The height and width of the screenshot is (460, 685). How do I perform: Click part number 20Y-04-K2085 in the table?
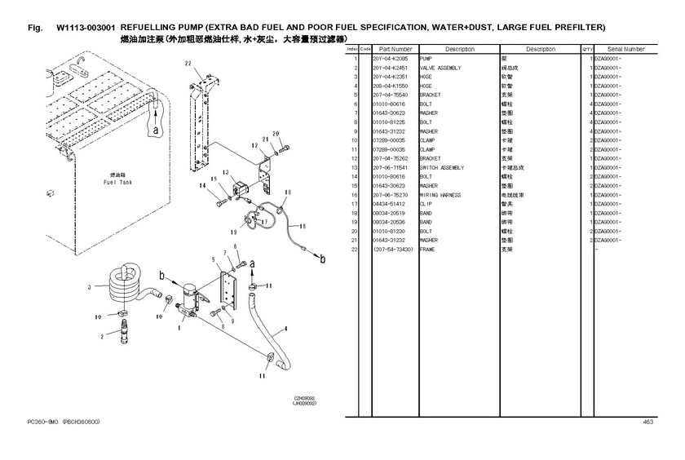[x=388, y=60]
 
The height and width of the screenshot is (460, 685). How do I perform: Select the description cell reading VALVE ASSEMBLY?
[x=440, y=69]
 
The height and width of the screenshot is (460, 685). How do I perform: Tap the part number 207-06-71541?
[x=389, y=167]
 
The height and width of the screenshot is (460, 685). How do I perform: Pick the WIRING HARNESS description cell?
[x=440, y=195]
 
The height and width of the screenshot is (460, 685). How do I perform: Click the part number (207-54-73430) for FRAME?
[x=392, y=249]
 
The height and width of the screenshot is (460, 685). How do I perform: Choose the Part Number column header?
[x=395, y=50]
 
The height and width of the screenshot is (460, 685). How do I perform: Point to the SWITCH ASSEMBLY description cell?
[x=441, y=167]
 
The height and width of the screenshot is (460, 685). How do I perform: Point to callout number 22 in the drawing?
[x=188, y=63]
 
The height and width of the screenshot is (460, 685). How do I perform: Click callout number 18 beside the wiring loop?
[x=287, y=193]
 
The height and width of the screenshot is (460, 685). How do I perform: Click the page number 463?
[x=648, y=422]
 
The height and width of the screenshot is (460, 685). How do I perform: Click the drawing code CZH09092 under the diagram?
[x=305, y=398]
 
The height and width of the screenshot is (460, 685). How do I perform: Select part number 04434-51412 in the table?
[x=389, y=204]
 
